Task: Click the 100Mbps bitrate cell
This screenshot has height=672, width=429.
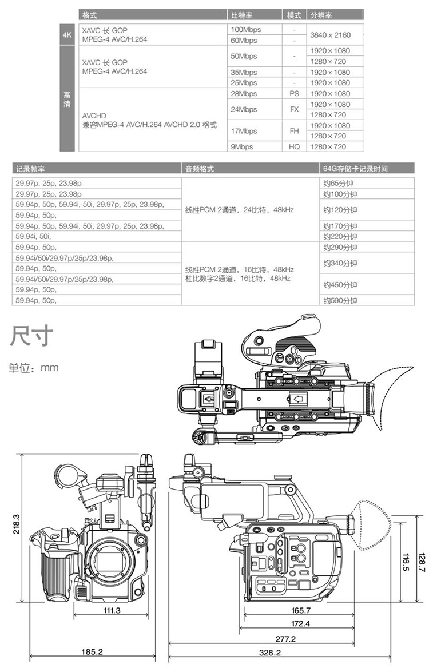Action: tap(245, 30)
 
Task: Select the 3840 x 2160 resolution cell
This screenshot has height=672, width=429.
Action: tap(330, 35)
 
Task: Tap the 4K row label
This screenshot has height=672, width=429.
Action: tap(67, 35)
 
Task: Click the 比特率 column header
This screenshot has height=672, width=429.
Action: tap(242, 15)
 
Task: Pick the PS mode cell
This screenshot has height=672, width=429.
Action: tap(294, 93)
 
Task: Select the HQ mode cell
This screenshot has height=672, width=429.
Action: tap(294, 146)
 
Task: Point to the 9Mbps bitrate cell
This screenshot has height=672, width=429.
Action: tap(242, 146)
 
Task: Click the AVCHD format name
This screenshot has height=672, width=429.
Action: tap(94, 116)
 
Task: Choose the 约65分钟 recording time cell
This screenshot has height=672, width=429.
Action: tap(338, 184)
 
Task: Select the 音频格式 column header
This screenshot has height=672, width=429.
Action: tap(200, 169)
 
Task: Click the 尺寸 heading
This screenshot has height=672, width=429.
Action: tap(31, 336)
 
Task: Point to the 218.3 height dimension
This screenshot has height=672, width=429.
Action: tap(16, 524)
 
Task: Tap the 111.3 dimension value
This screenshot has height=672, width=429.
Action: tap(112, 611)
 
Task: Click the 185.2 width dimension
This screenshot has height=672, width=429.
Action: tap(92, 652)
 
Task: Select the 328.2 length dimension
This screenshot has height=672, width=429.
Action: tap(270, 653)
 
